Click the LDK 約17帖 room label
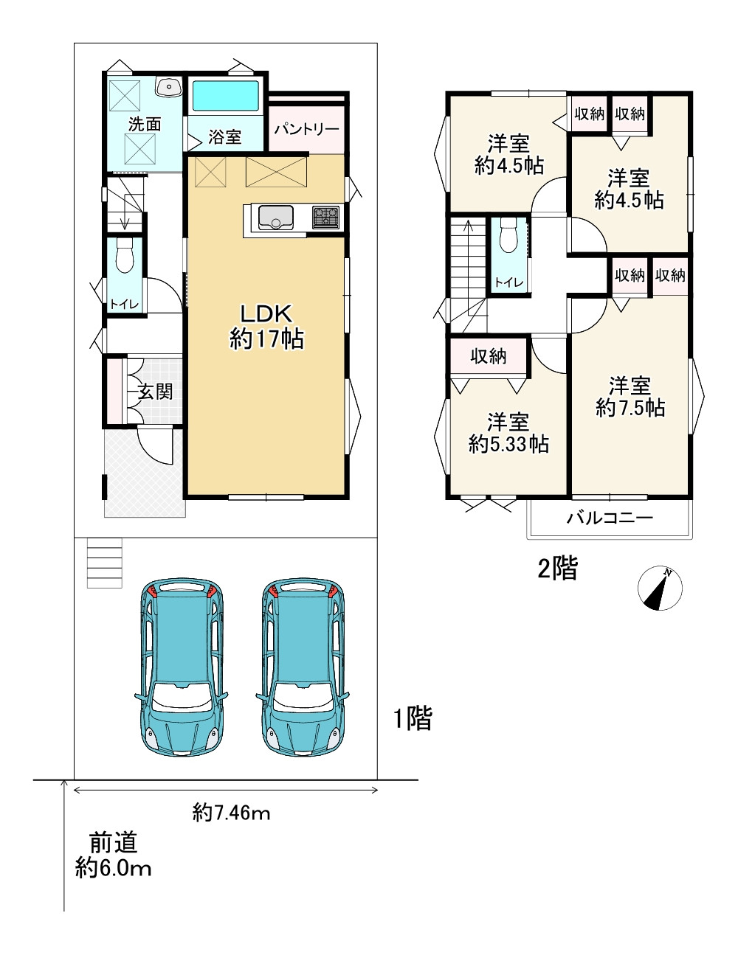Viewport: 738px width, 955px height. (x=266, y=327)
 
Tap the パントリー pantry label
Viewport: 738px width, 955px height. (x=306, y=129)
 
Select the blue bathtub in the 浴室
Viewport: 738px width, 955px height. (x=226, y=96)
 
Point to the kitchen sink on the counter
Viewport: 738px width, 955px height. (x=276, y=217)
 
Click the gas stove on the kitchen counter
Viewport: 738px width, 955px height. (x=326, y=217)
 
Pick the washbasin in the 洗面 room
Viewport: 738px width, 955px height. (x=169, y=86)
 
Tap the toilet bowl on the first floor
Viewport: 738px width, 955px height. (x=124, y=256)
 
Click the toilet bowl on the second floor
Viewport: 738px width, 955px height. (x=509, y=237)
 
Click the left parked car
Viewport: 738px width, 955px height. (x=182, y=667)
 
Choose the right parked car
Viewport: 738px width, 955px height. (x=303, y=667)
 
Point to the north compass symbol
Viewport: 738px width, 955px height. (x=660, y=588)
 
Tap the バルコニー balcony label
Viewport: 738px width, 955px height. (x=610, y=518)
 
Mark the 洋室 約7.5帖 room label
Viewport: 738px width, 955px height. (x=630, y=397)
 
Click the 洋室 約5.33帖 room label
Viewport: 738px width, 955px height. (x=508, y=434)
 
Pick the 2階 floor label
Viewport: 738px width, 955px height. (x=558, y=568)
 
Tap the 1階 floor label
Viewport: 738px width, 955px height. (x=413, y=718)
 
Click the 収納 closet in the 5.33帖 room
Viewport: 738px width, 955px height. (x=489, y=356)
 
